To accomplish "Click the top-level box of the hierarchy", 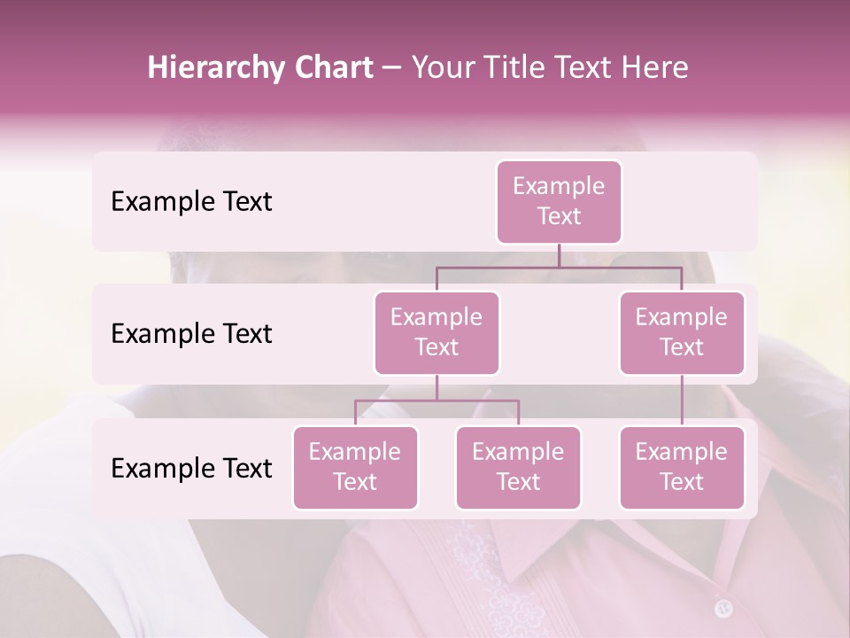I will (559, 201).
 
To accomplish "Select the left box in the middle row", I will (437, 332).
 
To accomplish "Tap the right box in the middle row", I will (682, 332).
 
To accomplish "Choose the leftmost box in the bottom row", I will (355, 467).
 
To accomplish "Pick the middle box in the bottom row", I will (518, 467).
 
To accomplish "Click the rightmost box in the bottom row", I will (682, 467).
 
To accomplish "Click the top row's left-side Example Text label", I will (191, 202).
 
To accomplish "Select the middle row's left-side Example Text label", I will (191, 334).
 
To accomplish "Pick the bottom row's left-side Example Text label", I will (191, 468).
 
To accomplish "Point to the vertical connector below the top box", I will (559, 255).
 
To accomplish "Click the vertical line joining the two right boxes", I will (682, 401).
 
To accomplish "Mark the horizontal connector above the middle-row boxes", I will (559, 266).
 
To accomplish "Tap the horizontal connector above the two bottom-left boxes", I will (437, 400).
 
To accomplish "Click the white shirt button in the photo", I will (723, 608).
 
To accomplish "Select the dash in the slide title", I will (392, 68).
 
